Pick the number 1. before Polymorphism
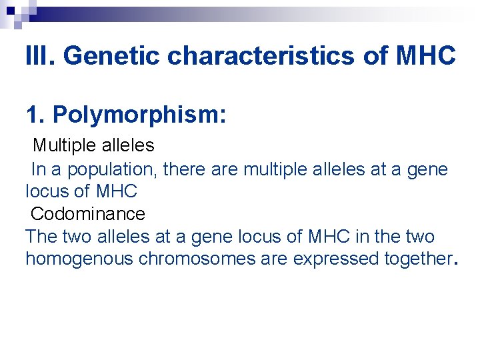[x=36, y=115]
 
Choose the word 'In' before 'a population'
[x=39, y=169]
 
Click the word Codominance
[x=87, y=214]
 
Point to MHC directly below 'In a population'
[x=116, y=191]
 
